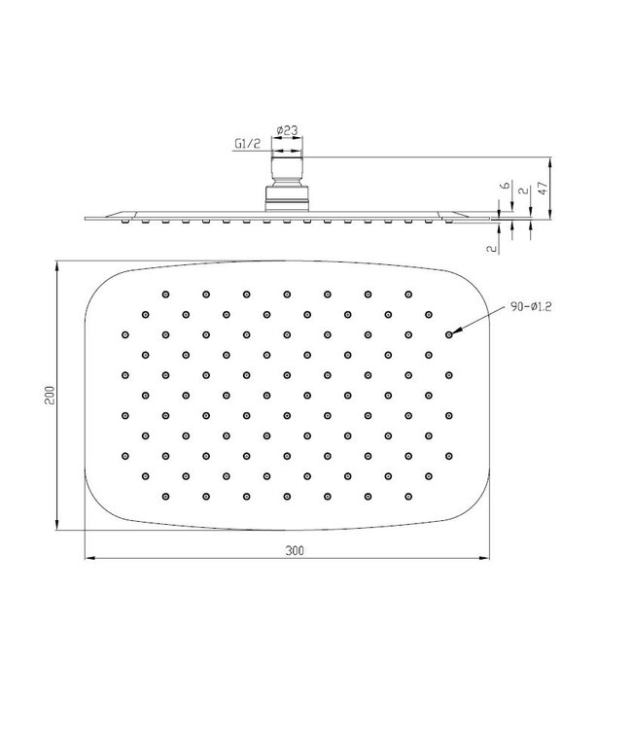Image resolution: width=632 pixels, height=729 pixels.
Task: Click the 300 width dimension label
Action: pyautogui.click(x=296, y=550)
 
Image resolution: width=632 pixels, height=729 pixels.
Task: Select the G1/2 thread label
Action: pyautogui.click(x=247, y=145)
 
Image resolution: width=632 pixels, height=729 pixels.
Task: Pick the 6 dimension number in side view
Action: pyautogui.click(x=504, y=185)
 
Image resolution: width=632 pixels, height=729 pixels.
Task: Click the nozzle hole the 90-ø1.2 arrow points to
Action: pyautogui.click(x=448, y=333)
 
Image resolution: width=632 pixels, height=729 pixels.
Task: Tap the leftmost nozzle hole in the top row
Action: pyautogui.click(x=166, y=293)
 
